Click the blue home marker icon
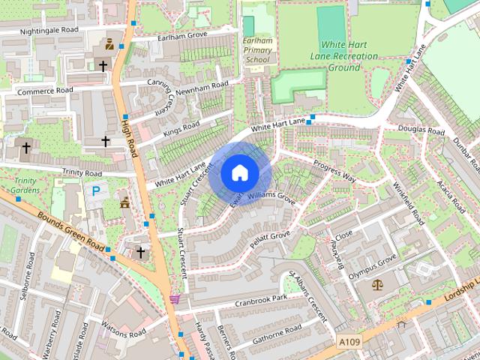(239, 172)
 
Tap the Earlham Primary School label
(257, 49)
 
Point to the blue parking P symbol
(96, 191)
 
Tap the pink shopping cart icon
(175, 298)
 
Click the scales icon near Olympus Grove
(376, 284)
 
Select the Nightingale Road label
(49, 31)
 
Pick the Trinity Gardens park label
(25, 185)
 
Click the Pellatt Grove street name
(270, 241)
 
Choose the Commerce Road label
(46, 91)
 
